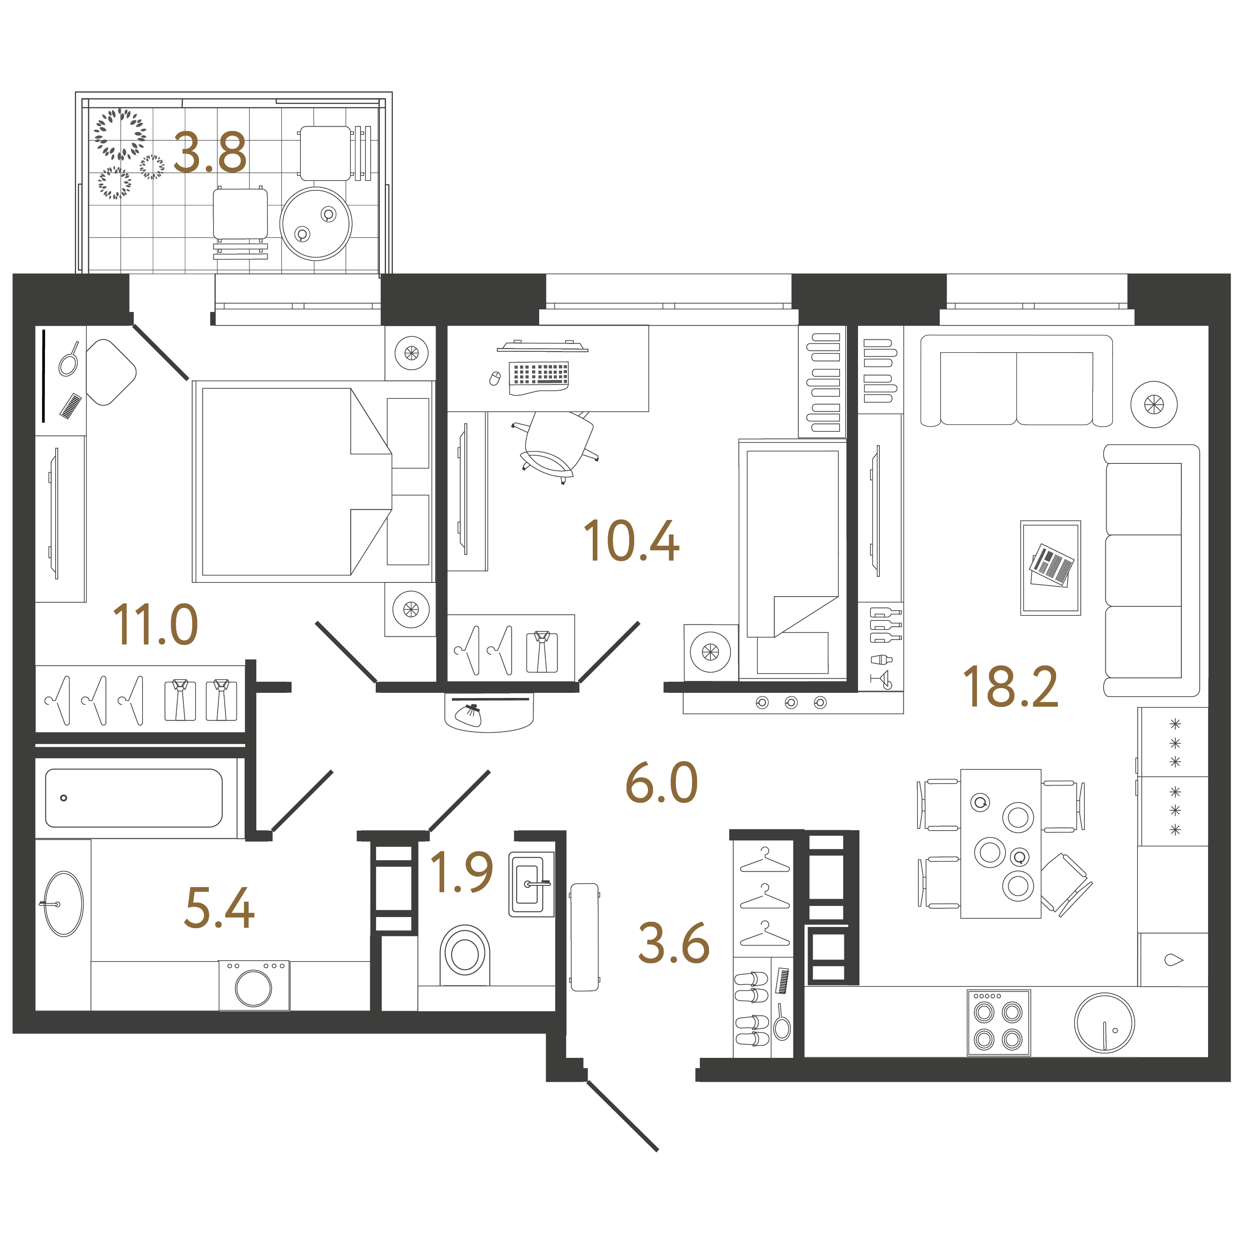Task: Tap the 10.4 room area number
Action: pyautogui.click(x=631, y=541)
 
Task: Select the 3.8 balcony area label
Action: pyautogui.click(x=210, y=153)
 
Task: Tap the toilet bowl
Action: pyautogui.click(x=464, y=956)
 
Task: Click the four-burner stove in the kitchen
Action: pyautogui.click(x=999, y=1022)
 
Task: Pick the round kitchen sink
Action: pyautogui.click(x=1104, y=1022)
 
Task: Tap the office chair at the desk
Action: pyautogui.click(x=557, y=445)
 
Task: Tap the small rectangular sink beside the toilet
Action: pyautogui.click(x=531, y=883)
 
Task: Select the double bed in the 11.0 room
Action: pyautogui.click(x=314, y=481)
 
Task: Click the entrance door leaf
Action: pyautogui.click(x=622, y=1116)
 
